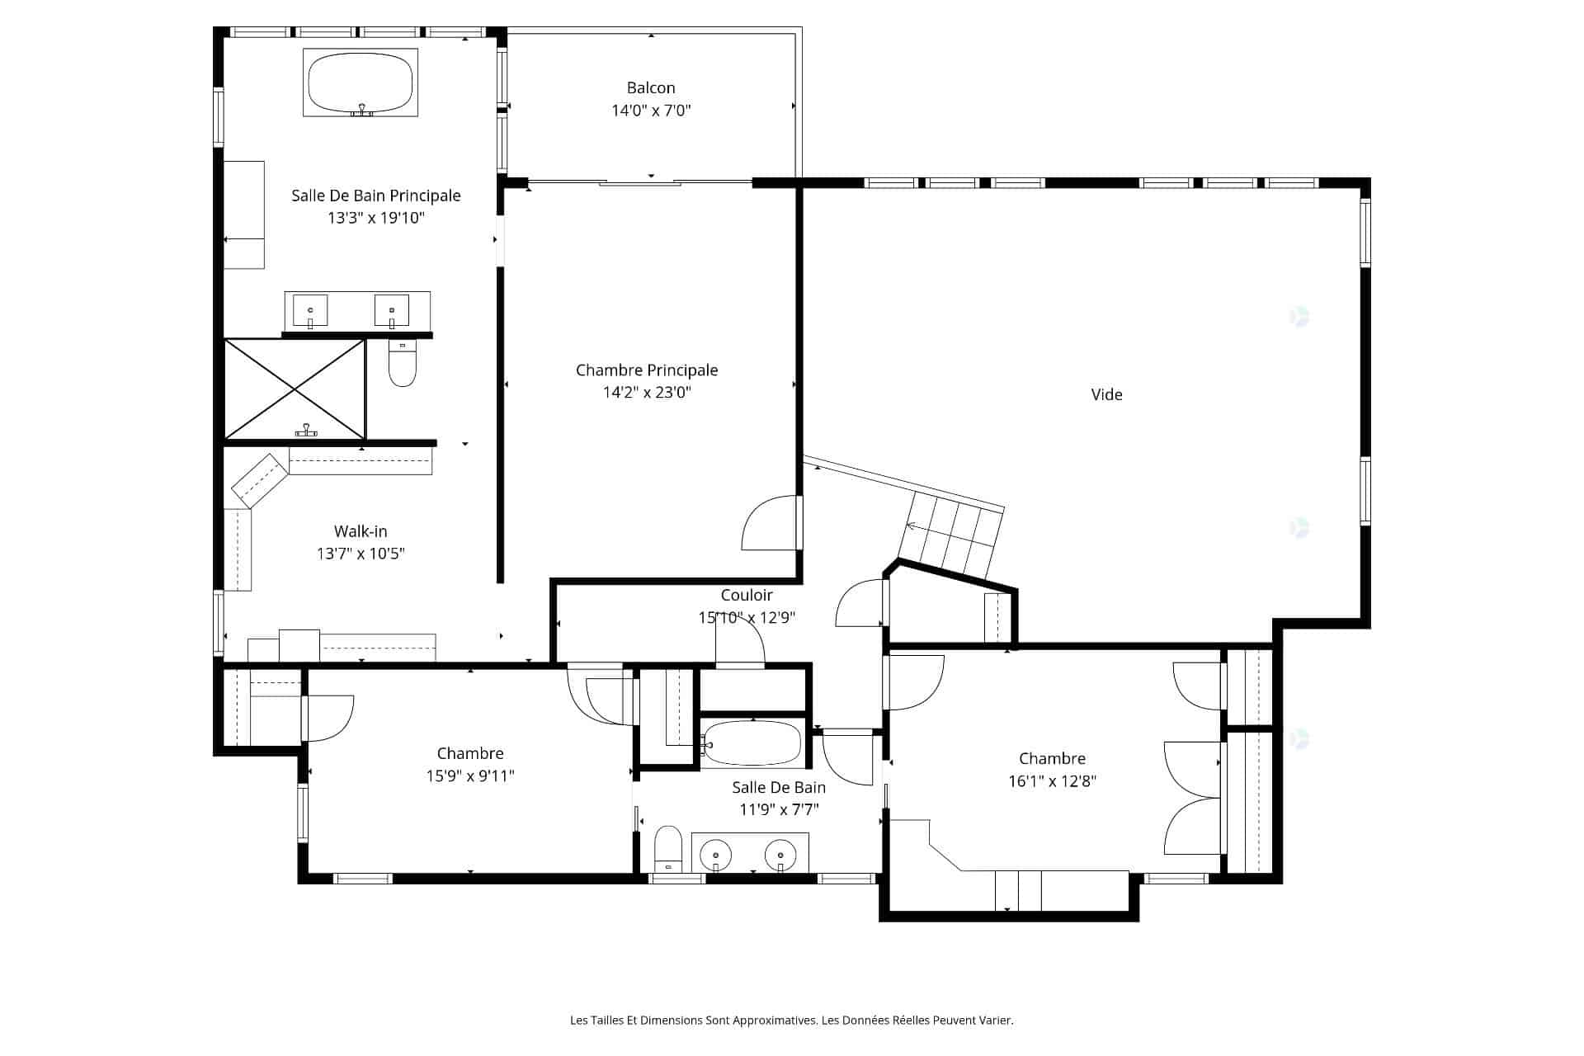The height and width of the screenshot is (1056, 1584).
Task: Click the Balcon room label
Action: (x=651, y=88)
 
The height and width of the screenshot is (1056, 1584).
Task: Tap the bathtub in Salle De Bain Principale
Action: (x=361, y=82)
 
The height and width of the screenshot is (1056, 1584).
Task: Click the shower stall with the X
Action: (x=295, y=389)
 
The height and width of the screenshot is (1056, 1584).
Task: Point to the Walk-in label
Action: (x=361, y=531)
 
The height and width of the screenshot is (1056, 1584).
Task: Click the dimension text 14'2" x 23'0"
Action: (x=647, y=393)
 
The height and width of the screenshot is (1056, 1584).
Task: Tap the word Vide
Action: (x=1106, y=395)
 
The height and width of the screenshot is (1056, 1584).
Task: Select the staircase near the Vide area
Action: (x=952, y=535)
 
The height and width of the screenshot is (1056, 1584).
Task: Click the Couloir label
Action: (x=747, y=596)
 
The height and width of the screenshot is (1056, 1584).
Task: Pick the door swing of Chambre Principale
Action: (x=771, y=522)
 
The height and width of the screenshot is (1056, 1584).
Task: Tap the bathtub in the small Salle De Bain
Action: (x=753, y=743)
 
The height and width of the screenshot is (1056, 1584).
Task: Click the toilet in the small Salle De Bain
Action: (x=668, y=849)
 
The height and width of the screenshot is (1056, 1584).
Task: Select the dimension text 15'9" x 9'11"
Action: (x=470, y=776)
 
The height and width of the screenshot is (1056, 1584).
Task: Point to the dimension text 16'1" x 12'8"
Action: (x=1052, y=781)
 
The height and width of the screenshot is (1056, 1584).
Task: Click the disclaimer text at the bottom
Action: (x=792, y=1021)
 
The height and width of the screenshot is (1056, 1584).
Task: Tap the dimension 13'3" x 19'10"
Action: (x=376, y=219)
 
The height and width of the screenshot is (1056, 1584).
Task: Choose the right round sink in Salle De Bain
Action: (x=780, y=856)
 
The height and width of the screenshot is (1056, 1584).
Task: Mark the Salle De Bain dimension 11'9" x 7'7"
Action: (x=779, y=810)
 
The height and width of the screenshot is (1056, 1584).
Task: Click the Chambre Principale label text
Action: (x=647, y=370)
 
